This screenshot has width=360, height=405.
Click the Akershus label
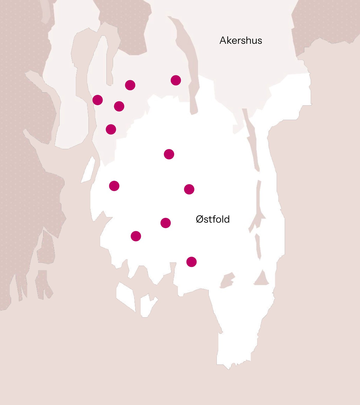[x=241, y=41]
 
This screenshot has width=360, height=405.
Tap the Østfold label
[x=213, y=219]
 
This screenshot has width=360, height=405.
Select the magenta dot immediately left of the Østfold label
[x=166, y=223]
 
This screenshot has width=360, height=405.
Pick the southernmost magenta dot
[x=192, y=262]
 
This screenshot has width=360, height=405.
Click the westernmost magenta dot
[x=98, y=100]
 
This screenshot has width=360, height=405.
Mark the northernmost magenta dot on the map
[x=176, y=80]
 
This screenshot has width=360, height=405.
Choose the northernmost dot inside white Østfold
[x=169, y=154]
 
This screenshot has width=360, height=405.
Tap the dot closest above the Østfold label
[x=189, y=189]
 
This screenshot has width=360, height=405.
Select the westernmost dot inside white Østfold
[x=114, y=186]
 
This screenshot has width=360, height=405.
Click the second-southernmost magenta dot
[x=136, y=236]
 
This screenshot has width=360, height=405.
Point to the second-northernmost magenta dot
[x=130, y=85]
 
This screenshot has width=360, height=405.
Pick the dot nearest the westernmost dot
[x=119, y=106]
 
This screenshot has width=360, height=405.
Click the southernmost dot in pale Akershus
[x=111, y=129]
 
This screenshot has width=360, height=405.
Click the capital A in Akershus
[x=223, y=41]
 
